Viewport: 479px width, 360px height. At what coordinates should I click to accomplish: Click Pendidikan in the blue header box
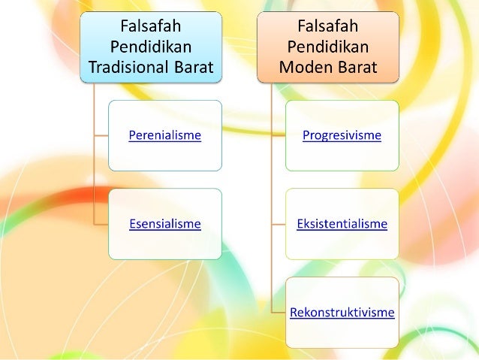click(153, 46)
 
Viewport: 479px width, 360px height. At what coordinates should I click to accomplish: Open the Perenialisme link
click(164, 136)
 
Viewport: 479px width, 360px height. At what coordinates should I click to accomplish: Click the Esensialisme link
click(164, 223)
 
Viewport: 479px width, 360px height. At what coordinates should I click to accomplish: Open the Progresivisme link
click(342, 136)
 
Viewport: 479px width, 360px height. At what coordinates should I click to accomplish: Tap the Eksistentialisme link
click(342, 224)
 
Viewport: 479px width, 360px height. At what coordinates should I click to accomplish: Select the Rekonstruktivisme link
click(342, 312)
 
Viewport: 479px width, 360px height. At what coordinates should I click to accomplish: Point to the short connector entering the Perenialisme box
click(101, 135)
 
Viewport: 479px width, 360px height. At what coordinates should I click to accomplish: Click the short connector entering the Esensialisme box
click(101, 223)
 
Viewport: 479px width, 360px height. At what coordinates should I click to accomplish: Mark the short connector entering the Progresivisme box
click(278, 135)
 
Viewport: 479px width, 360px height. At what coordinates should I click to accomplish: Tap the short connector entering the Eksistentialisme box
click(278, 223)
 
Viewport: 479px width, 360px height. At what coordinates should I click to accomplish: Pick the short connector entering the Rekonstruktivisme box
click(278, 311)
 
